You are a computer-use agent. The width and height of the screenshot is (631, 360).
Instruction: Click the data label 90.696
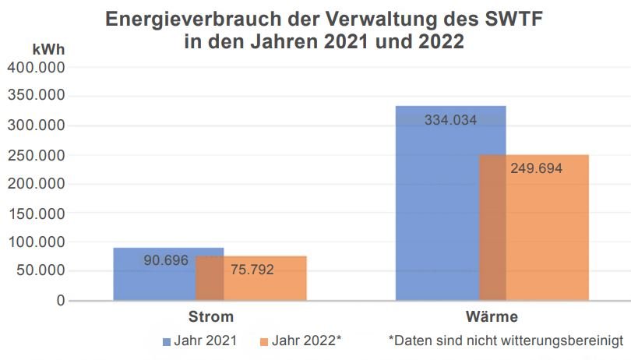point(166,260)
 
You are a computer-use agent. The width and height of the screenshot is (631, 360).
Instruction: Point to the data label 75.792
point(252,270)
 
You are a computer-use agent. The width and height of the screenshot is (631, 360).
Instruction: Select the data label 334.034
point(450,120)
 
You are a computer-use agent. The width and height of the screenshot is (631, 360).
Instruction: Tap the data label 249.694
point(536,168)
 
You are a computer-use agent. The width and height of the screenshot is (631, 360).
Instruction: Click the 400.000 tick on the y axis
point(36,67)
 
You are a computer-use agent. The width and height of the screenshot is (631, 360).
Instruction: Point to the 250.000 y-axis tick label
point(36,154)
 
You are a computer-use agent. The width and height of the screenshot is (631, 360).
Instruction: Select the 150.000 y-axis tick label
point(36,213)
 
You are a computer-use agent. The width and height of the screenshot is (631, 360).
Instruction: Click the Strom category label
point(211,318)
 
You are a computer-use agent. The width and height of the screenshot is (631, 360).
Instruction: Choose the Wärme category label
point(493,318)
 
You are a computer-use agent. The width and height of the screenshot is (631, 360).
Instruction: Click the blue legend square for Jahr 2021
point(166,341)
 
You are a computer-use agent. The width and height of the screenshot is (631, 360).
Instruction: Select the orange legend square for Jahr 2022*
point(264,341)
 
